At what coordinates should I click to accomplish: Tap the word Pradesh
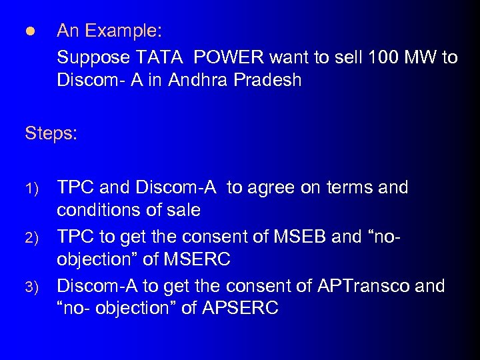(x=269, y=81)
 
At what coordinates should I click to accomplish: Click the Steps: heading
(x=51, y=134)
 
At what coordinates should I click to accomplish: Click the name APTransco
(x=361, y=286)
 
